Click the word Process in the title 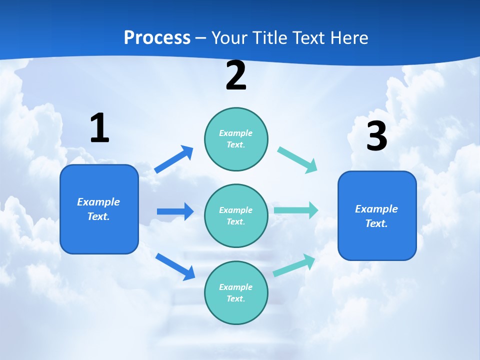(157, 38)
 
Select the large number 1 (99, 128)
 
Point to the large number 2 (236, 76)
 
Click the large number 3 (376, 136)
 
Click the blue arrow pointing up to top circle (174, 159)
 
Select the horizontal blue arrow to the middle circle (175, 211)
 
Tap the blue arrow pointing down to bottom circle (175, 266)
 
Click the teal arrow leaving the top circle (297, 159)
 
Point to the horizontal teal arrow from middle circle (296, 210)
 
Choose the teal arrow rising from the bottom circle (294, 265)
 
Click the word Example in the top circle (236, 133)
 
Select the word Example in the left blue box (98, 202)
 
